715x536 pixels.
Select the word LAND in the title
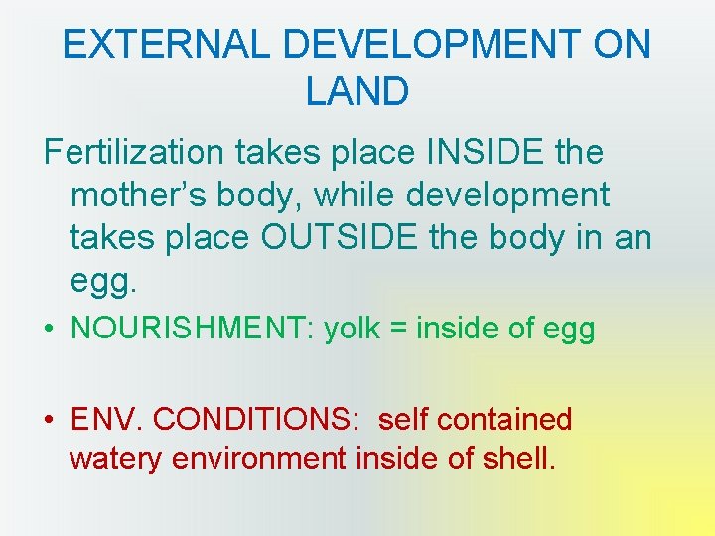pos(357,92)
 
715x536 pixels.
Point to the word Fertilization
pos(134,154)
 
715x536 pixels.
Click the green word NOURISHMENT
pos(188,329)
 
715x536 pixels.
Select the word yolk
pos(354,329)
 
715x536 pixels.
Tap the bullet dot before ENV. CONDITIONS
pos(50,420)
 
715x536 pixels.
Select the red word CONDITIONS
pos(257,420)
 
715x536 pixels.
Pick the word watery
pos(116,460)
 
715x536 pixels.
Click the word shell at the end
pos(514,460)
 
